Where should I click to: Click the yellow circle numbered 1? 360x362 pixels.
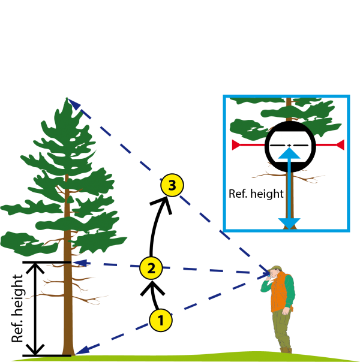pos(160,321)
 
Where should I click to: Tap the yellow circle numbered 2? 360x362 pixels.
pos(151,268)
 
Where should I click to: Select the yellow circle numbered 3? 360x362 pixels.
pos(172,186)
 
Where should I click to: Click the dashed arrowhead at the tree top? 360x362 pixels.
pos(74,105)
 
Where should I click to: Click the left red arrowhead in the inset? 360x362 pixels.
pos(236,144)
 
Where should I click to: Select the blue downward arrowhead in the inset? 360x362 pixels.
pos(289,223)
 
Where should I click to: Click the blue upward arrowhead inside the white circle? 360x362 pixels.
pos(289,153)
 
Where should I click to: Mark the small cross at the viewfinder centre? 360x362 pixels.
pos(289,145)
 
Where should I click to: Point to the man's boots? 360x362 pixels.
pos(286,348)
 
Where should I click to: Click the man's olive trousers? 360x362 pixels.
pos(281,327)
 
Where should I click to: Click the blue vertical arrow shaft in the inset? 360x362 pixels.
pos(289,192)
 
